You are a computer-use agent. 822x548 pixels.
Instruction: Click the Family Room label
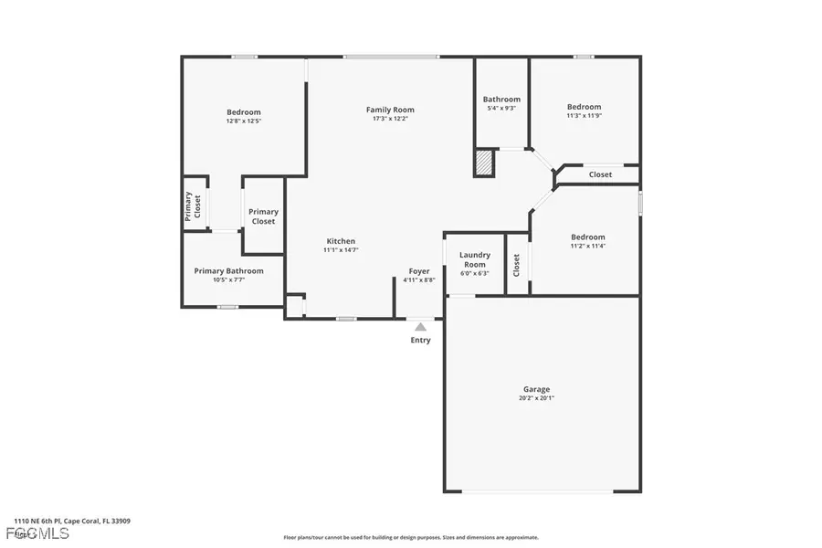pos(390,111)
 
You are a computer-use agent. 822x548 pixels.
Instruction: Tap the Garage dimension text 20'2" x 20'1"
pos(536,397)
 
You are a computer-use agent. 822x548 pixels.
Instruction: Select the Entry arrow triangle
pos(420,326)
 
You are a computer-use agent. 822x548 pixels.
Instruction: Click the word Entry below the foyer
pos(420,341)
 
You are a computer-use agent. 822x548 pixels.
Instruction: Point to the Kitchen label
pos(341,241)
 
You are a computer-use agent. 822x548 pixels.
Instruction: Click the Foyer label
pos(419,271)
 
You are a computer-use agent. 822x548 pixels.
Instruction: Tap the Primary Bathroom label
pos(228,270)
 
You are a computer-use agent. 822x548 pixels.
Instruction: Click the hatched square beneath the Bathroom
pos(483,163)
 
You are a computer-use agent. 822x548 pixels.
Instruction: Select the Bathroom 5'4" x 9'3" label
pos(501,100)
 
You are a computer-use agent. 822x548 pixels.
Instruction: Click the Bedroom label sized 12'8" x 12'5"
pos(244,112)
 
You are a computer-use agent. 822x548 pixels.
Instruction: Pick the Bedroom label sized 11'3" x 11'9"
pos(584,107)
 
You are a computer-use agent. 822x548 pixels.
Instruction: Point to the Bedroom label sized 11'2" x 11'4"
pos(587,237)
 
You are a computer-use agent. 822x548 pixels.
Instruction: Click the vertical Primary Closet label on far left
pos(194,206)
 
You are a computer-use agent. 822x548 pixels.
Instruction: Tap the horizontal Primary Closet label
pos(263,216)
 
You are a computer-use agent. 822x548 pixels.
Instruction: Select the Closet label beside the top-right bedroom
pos(600,174)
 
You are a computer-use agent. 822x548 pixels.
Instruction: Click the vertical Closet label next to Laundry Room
pos(516,265)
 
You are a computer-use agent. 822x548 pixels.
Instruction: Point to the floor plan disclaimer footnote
pos(411,537)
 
